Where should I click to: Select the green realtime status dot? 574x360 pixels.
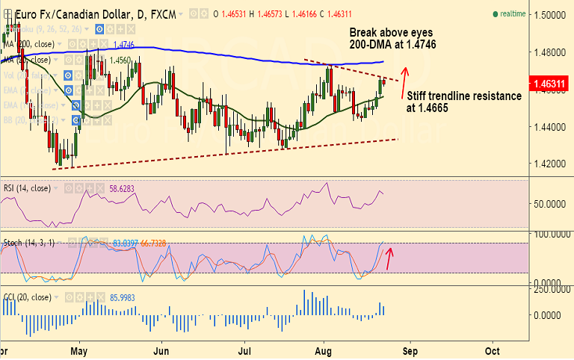click(496, 14)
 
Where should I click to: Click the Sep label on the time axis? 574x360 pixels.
click(408, 350)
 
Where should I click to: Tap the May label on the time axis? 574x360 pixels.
click(80, 350)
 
